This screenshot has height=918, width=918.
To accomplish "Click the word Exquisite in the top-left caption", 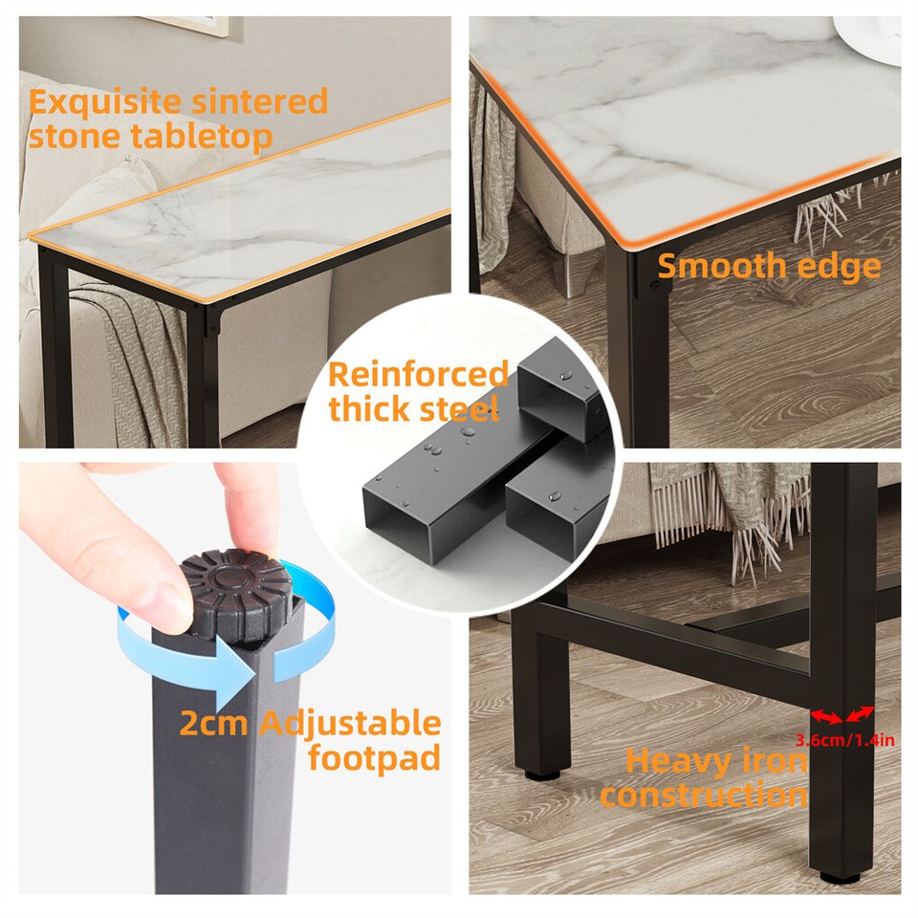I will pyautogui.click(x=106, y=101).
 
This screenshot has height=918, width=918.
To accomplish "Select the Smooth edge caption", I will pyautogui.click(x=769, y=266).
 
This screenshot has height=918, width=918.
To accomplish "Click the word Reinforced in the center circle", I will pyautogui.click(x=418, y=375).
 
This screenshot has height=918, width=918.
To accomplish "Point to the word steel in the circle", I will pyautogui.click(x=460, y=410).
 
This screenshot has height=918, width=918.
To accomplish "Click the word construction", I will pyautogui.click(x=704, y=795).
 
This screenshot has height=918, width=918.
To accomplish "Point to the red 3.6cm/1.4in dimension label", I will pyautogui.click(x=845, y=738).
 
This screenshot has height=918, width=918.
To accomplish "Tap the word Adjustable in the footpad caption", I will pyautogui.click(x=349, y=724).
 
